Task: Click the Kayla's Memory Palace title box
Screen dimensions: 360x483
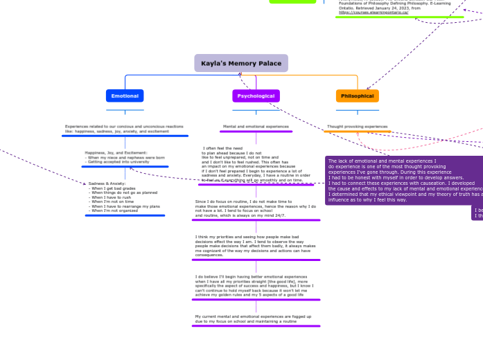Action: [x=241, y=63]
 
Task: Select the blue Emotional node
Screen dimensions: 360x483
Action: [x=125, y=96]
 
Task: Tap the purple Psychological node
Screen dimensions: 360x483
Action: [x=256, y=96]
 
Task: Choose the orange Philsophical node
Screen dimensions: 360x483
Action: [x=358, y=96]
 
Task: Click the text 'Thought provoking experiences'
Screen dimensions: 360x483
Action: [x=357, y=127]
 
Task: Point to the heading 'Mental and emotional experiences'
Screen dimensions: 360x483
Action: [x=256, y=127]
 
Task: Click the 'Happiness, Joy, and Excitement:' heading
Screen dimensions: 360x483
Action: [x=116, y=152]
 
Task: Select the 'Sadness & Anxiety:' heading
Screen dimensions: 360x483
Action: [x=107, y=183]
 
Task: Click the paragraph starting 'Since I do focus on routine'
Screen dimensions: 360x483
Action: [x=256, y=208]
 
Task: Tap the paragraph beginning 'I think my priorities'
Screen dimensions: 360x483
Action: [x=256, y=246]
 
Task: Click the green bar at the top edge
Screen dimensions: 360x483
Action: [x=292, y=1]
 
